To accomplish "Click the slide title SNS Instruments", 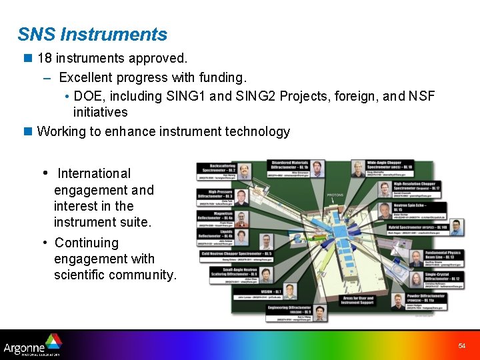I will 92,34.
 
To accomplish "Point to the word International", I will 94,173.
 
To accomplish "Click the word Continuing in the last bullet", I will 87,243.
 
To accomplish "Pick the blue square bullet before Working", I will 28,131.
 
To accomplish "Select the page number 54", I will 461,346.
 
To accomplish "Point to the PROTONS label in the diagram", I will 335,195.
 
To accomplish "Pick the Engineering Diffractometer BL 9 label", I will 288,310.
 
